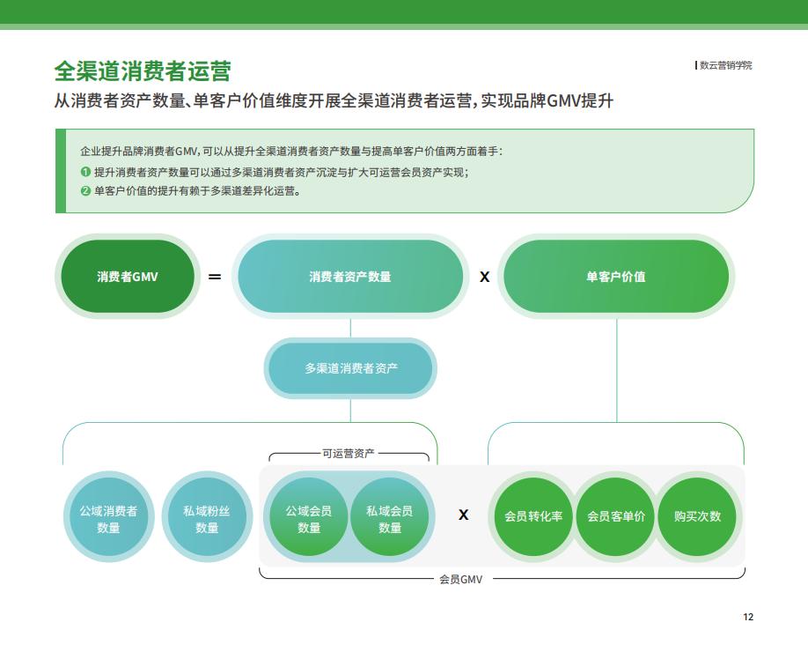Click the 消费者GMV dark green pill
coord(128,277)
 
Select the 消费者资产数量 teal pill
coord(350,277)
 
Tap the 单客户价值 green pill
coord(616,277)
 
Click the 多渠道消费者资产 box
coord(350,367)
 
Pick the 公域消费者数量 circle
coord(109,517)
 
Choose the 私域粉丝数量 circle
coord(207,517)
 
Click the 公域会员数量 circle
coord(309,517)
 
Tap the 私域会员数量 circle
coord(390,517)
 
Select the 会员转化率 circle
coord(533,516)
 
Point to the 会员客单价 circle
coord(616,516)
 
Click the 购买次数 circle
coord(697,516)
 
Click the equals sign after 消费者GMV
coord(215,277)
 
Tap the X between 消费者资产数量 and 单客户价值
coord(484,277)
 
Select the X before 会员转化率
coord(463,515)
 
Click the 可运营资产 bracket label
coord(349,454)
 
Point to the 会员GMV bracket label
coord(460,579)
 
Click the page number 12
coord(748,617)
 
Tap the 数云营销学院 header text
coord(725,65)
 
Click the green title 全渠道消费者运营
coord(143,71)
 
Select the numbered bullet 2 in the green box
coord(85,191)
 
